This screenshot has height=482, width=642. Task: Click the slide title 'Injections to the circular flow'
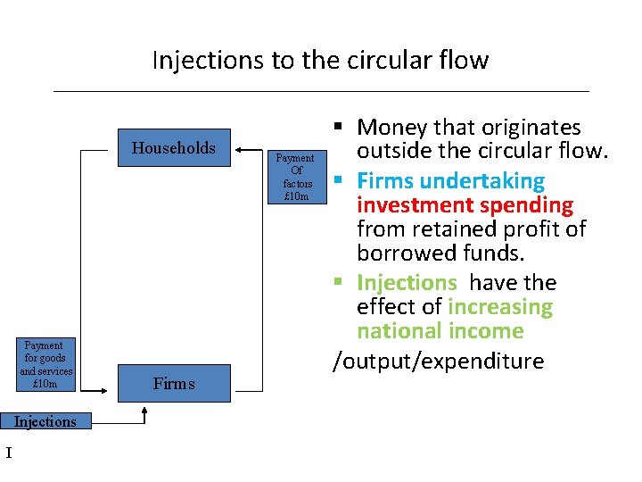click(320, 60)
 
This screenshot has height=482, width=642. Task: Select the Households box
click(174, 148)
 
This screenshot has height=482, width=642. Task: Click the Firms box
click(174, 384)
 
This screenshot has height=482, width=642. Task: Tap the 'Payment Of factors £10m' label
click(296, 177)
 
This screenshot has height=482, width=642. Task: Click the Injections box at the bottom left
click(45, 421)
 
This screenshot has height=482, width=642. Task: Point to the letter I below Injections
click(9, 453)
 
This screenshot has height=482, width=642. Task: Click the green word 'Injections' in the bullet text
click(407, 283)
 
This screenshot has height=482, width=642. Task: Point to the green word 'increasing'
click(500, 307)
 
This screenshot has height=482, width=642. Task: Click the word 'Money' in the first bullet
click(393, 129)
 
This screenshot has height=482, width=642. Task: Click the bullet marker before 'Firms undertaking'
click(340, 181)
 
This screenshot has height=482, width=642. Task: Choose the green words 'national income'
click(440, 331)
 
